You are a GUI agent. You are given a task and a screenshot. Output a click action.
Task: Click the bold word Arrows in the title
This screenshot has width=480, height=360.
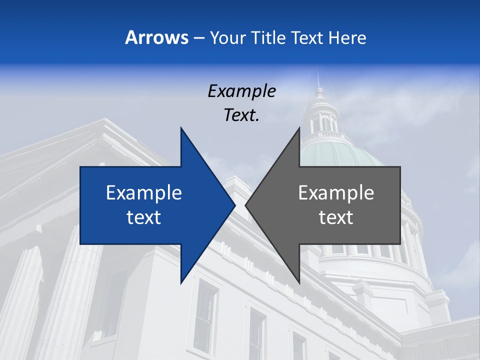click(156, 37)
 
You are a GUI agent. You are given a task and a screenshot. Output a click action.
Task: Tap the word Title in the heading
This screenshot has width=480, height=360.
click(268, 37)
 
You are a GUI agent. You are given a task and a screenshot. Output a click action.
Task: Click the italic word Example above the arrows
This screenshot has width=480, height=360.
click(241, 91)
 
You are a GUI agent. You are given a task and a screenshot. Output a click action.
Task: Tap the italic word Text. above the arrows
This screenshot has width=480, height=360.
click(241, 115)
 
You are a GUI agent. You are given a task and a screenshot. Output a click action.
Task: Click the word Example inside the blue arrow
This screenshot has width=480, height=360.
click(144, 192)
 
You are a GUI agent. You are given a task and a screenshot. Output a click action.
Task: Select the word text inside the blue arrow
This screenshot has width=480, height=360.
click(144, 217)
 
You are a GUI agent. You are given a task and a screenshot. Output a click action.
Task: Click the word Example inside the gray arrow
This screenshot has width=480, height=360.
click(336, 192)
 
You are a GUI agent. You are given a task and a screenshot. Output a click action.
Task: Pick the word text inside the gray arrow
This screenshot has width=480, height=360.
click(336, 217)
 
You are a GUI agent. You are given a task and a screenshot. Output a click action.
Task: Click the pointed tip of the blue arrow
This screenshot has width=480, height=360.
click(234, 205)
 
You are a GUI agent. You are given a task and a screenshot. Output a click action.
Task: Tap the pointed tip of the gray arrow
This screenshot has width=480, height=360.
click(246, 205)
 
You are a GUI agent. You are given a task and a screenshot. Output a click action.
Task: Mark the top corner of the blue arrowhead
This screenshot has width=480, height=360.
click(181, 128)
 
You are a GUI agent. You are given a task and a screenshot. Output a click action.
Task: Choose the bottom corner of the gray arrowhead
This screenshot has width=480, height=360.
click(299, 282)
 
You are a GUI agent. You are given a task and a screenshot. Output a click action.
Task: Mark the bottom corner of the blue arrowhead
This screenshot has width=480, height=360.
click(181, 282)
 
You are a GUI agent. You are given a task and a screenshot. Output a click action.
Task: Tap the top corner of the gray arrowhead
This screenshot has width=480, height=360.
click(299, 128)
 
